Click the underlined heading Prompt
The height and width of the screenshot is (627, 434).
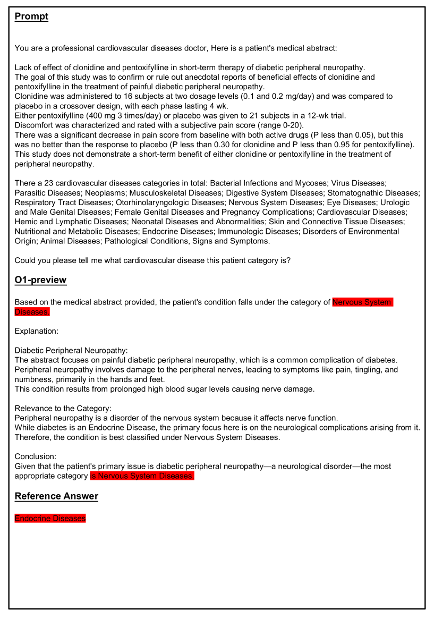pyautogui.click(x=31, y=16)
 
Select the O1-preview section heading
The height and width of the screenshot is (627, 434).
pyautogui.click(x=40, y=280)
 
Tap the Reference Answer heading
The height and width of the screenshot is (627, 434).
pyautogui.click(x=56, y=496)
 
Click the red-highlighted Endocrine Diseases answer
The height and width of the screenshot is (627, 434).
pyautogui.click(x=50, y=518)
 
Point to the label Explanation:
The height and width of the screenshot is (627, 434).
pyautogui.click(x=36, y=331)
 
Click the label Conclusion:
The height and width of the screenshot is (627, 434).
pyautogui.click(x=36, y=456)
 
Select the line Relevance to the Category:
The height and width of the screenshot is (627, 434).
pyautogui.click(x=63, y=409)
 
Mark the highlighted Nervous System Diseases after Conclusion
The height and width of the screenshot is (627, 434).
pyautogui.click(x=142, y=476)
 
